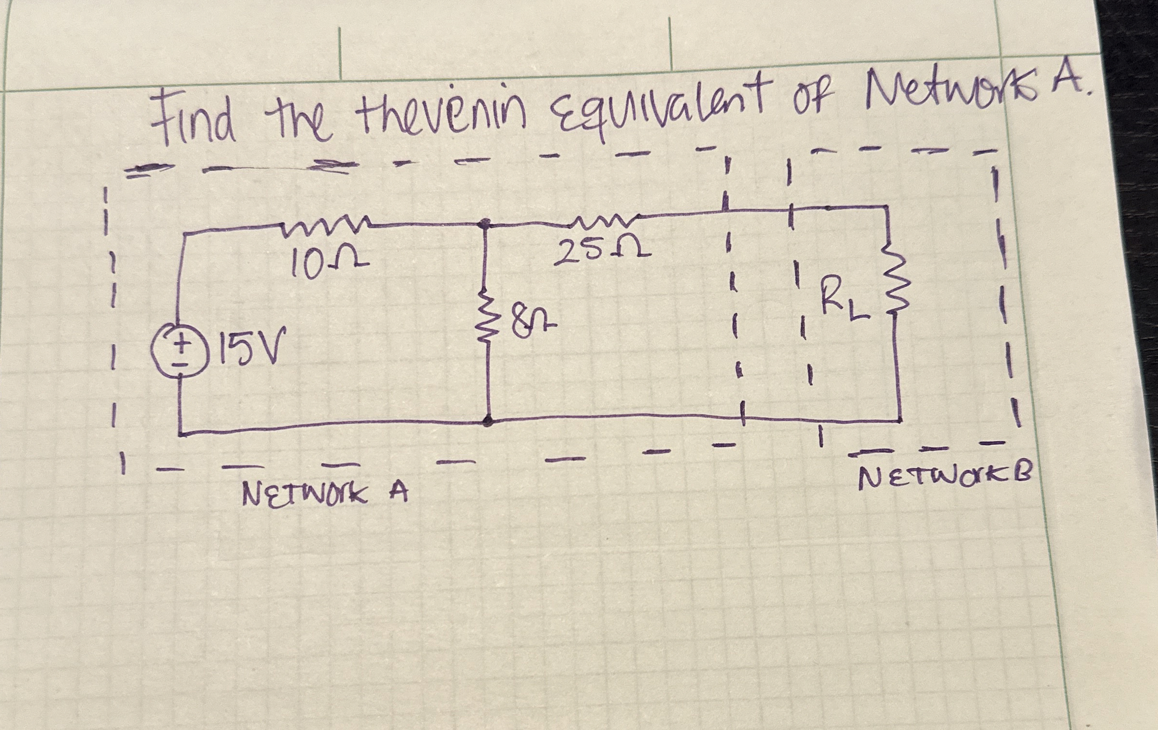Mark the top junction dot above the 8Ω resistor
tap(486, 224)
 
